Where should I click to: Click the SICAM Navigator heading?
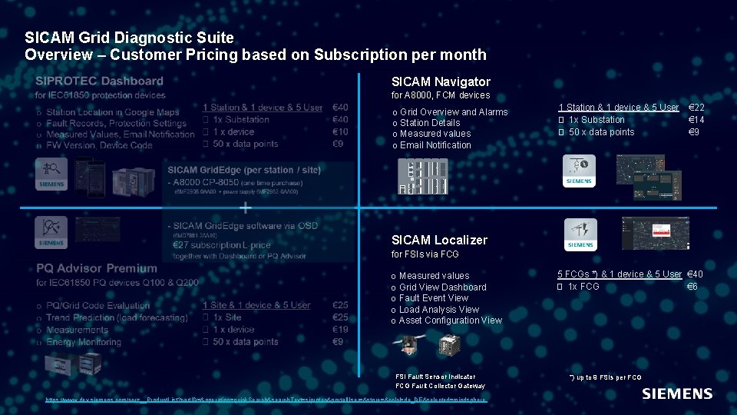(x=441, y=81)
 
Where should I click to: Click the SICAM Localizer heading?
(x=439, y=240)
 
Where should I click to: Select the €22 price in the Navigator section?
(x=697, y=108)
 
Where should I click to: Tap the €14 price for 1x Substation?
(x=696, y=120)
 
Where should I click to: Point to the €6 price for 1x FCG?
(x=692, y=287)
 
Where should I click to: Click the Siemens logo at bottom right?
(x=676, y=393)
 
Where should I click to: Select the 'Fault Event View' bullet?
(x=433, y=298)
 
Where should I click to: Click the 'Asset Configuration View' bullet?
(x=450, y=320)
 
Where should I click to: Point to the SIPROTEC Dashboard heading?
(x=99, y=81)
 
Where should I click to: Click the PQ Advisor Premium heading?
(x=96, y=268)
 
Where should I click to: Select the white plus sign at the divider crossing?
(x=245, y=207)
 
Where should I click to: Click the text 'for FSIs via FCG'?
(x=425, y=254)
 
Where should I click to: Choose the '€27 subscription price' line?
(x=222, y=245)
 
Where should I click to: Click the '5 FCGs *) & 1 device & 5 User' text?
(x=619, y=274)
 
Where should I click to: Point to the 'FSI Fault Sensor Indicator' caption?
(x=435, y=377)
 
